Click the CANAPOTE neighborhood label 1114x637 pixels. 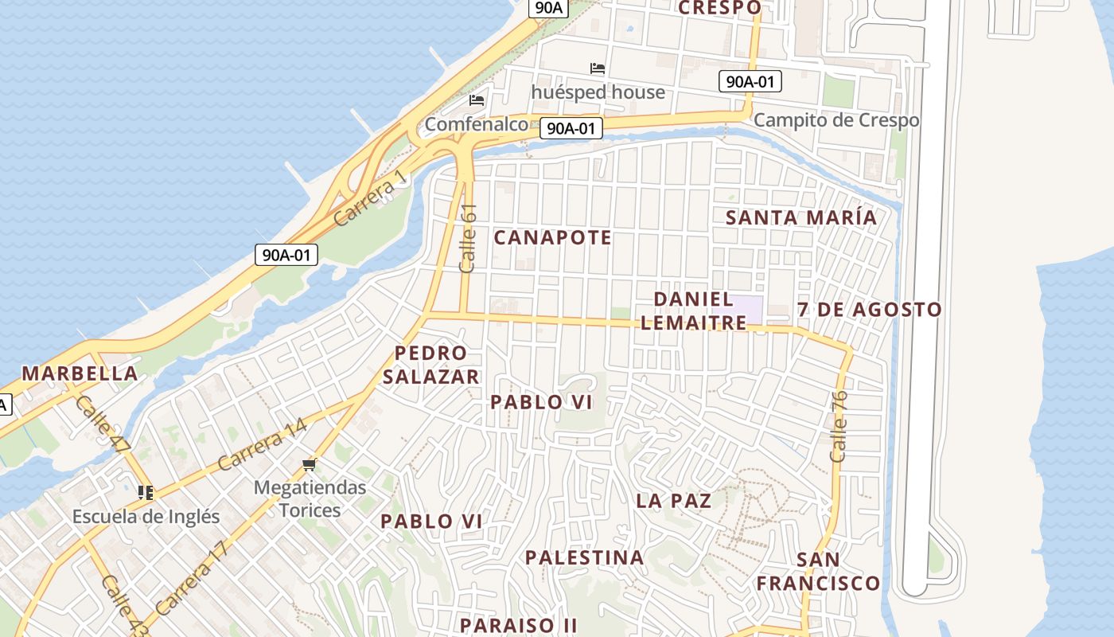pyautogui.click(x=553, y=237)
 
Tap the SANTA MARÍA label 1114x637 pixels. pyautogui.click(x=801, y=217)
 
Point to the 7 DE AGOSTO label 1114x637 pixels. pyautogui.click(x=870, y=309)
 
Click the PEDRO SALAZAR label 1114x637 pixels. pyautogui.click(x=430, y=365)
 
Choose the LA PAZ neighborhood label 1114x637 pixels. pyautogui.click(x=673, y=501)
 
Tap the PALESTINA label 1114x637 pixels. pyautogui.click(x=584, y=557)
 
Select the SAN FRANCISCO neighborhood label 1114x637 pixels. pyautogui.click(x=818, y=572)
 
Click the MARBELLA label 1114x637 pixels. pyautogui.click(x=80, y=373)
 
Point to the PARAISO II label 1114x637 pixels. pyautogui.click(x=518, y=625)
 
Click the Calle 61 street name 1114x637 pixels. pyautogui.click(x=468, y=238)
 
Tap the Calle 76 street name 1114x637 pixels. pyautogui.click(x=839, y=426)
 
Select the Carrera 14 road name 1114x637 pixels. pyautogui.click(x=262, y=445)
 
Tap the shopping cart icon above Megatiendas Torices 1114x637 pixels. pyautogui.click(x=310, y=464)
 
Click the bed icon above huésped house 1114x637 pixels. pyautogui.click(x=598, y=68)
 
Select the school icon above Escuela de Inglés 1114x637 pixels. pyautogui.click(x=145, y=493)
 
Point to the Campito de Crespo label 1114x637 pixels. pyautogui.click(x=836, y=120)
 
